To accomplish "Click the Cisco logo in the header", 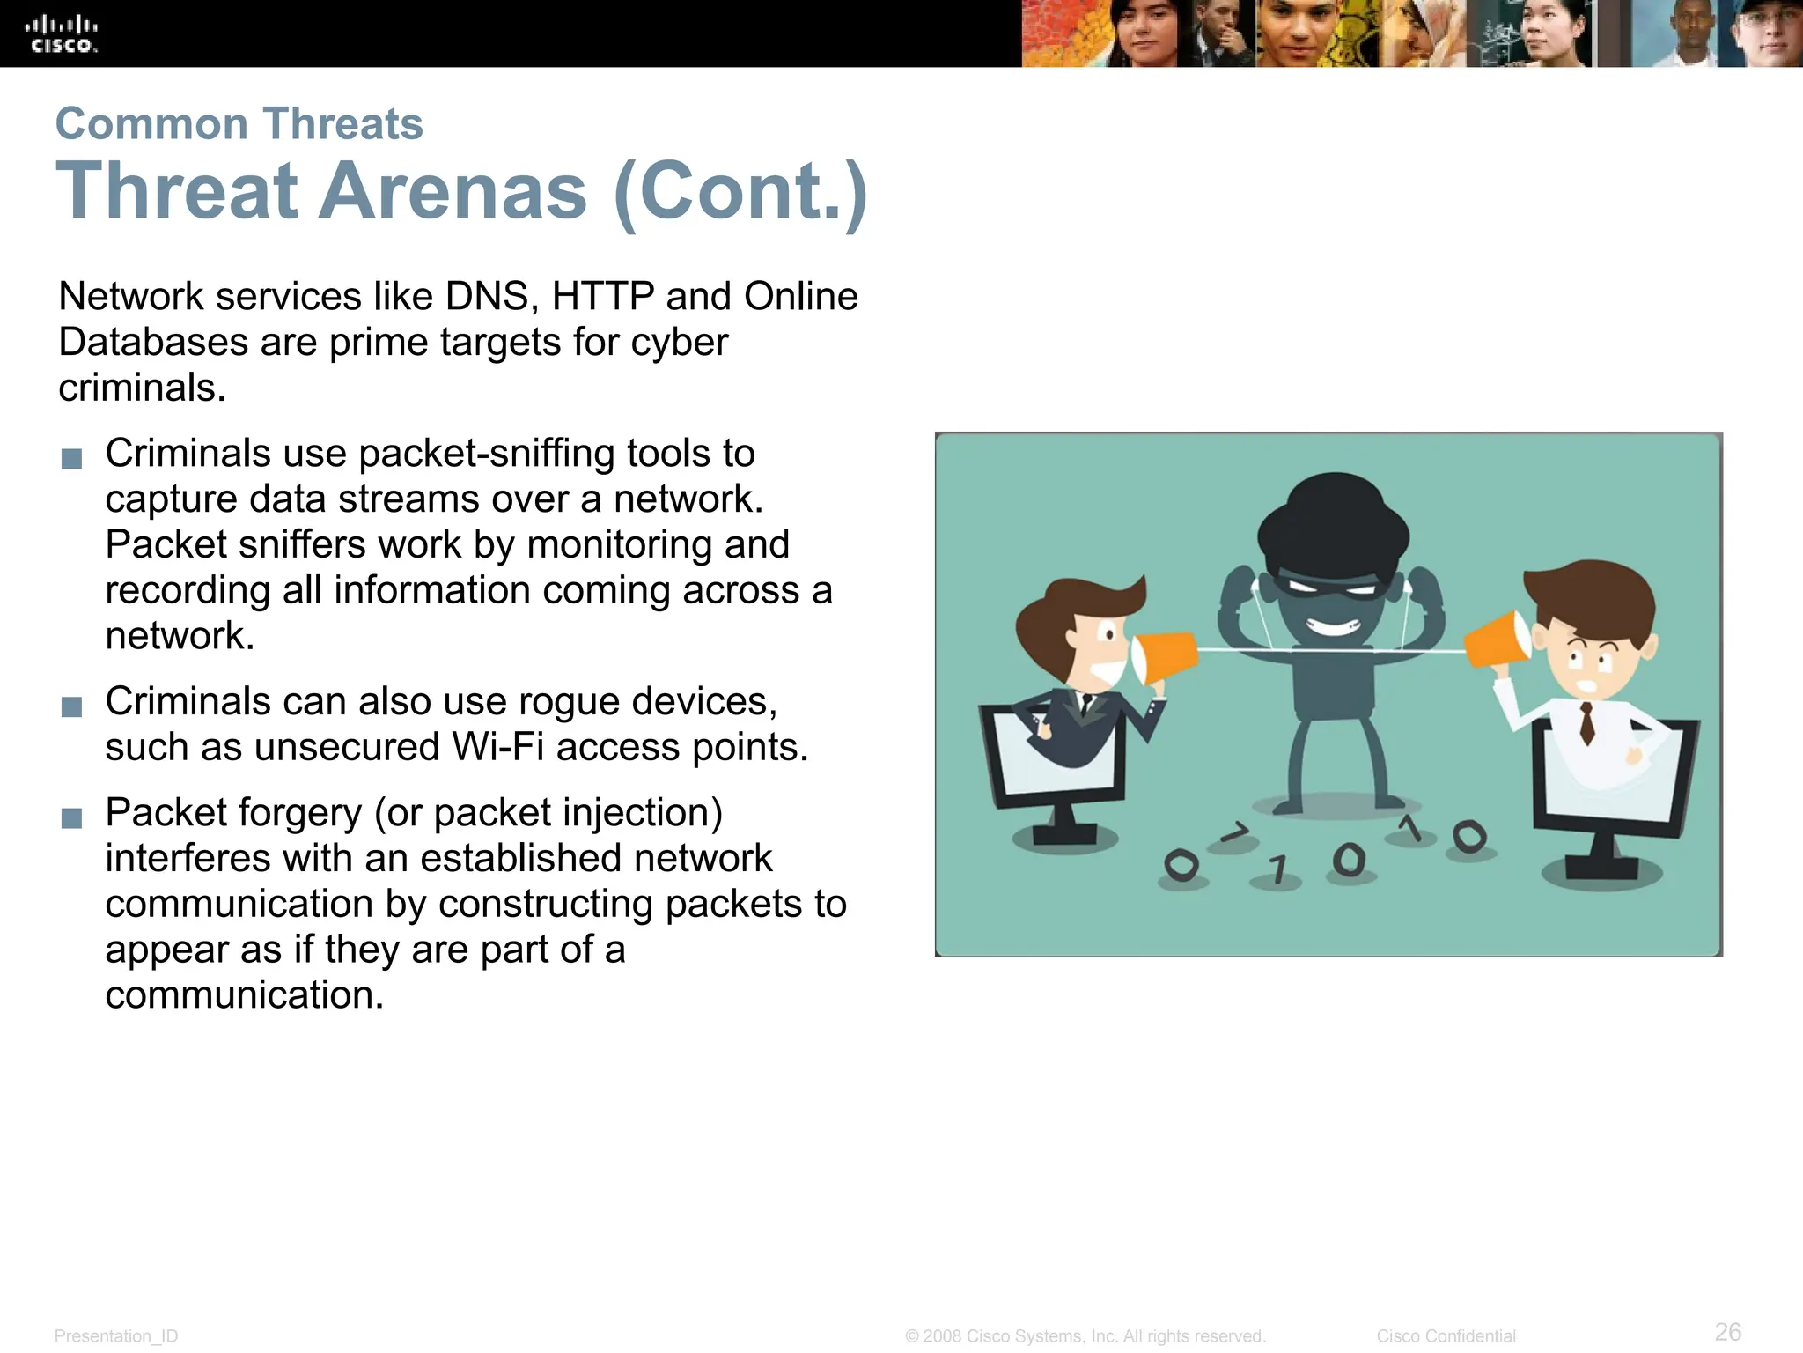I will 61,34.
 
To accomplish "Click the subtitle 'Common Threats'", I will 239,123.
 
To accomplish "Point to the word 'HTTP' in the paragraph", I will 602,297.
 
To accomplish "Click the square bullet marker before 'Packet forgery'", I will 72,818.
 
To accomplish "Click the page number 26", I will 1727,1331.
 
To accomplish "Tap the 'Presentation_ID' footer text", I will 116,1336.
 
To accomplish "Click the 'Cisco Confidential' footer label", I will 1446,1336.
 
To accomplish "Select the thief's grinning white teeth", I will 1332,628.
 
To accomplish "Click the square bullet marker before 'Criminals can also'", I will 72,707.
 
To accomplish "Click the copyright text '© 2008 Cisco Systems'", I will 1085,1336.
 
